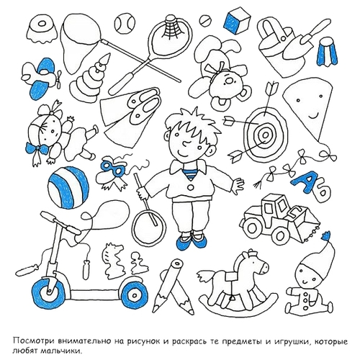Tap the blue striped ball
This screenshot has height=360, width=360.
pos(68,188)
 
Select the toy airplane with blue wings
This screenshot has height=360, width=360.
pos(41,78)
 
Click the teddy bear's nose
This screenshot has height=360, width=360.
pos(230,81)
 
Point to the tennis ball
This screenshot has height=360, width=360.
pos(124,24)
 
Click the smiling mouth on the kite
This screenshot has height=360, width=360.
pos(313,117)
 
